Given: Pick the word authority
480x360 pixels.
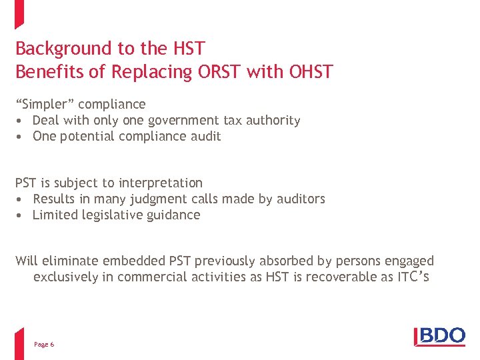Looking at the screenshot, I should coord(272,121).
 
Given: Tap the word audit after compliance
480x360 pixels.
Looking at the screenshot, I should coord(207,137).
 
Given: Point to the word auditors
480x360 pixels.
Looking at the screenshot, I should coord(300,199).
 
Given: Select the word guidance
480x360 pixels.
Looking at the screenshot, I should coord(174,215).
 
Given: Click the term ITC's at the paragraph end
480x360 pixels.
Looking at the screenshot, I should coord(413,276).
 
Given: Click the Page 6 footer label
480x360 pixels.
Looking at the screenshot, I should coord(44,344).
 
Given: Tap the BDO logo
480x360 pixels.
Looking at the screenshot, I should coord(439,336).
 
